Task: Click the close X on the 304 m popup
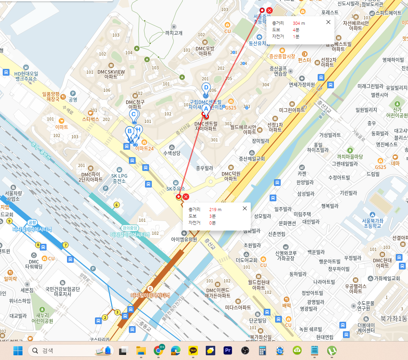point(328,22)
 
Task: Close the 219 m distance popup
point(244,208)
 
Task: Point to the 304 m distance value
point(299,23)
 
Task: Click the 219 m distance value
point(215,210)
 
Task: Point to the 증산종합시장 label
point(282,56)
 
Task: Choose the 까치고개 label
point(173,33)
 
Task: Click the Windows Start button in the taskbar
point(18,350)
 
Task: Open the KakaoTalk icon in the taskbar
point(193,350)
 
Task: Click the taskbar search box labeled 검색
point(71,350)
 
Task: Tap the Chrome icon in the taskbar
point(159,350)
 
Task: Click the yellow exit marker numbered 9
point(9,221)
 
